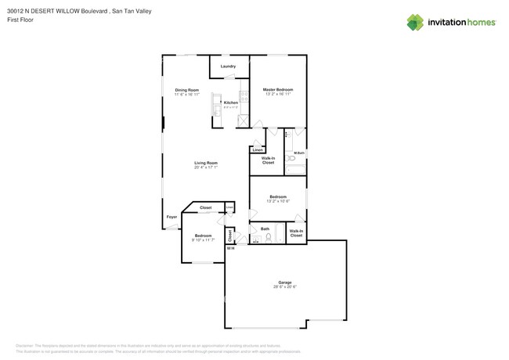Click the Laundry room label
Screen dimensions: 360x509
(x=228, y=67)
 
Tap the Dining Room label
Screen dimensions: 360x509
(x=186, y=90)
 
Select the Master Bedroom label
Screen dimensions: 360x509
(x=278, y=90)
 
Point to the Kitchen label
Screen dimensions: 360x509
(x=230, y=103)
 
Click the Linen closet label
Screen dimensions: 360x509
(x=258, y=149)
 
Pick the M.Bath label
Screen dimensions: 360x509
(x=298, y=153)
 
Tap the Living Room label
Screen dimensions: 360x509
(x=206, y=163)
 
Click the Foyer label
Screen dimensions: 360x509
(x=171, y=217)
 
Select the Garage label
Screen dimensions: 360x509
(x=285, y=283)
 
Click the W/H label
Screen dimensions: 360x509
(x=230, y=249)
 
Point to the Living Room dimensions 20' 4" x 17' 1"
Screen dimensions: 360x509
(x=206, y=167)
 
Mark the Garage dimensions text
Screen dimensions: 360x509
(x=285, y=287)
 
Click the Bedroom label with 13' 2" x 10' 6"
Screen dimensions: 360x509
(x=278, y=196)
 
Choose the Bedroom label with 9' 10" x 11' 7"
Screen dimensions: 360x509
(x=203, y=236)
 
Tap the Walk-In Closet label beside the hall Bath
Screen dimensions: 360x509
(x=296, y=232)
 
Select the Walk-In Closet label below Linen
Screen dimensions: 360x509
(x=268, y=160)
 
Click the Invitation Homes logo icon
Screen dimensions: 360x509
(x=415, y=23)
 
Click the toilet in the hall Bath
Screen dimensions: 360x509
(x=269, y=237)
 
